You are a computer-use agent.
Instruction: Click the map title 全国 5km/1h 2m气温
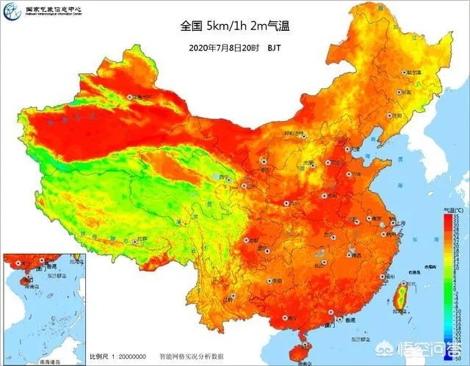click(235, 26)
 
